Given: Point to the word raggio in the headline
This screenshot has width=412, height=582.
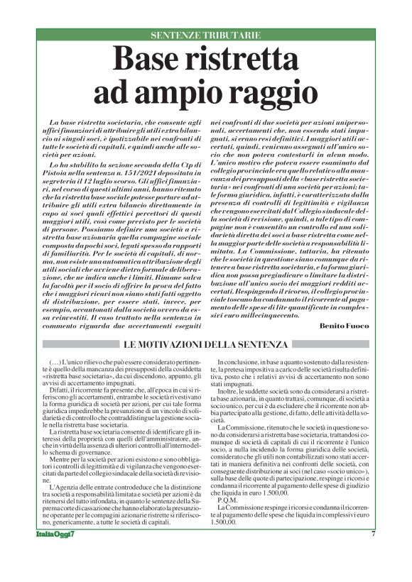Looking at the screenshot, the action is coord(271,93).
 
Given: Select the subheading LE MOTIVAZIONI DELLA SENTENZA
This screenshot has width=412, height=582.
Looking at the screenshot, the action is coord(206,344).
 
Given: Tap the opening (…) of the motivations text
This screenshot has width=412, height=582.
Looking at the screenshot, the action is coord(59,362).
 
